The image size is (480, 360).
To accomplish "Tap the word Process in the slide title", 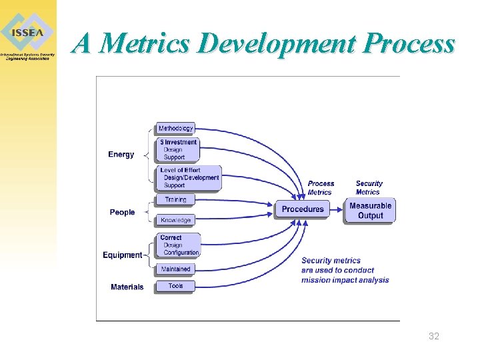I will [410, 44].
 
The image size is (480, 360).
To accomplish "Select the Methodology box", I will [176, 128].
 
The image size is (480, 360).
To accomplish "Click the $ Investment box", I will [179, 150].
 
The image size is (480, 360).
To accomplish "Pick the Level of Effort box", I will [189, 178].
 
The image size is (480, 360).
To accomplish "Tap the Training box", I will [176, 199].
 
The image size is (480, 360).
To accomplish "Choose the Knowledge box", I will [176, 220].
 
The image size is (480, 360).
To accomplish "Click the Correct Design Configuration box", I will [179, 245].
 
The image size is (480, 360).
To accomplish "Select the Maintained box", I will [176, 269].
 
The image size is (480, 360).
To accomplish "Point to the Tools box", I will [176, 286].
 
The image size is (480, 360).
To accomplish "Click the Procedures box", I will [303, 209].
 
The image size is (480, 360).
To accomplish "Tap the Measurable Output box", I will [370, 211].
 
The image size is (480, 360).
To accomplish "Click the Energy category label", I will [121, 155].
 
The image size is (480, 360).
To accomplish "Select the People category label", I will [122, 212].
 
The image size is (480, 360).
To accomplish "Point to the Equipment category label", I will [122, 255].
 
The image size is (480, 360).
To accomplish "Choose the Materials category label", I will [127, 287].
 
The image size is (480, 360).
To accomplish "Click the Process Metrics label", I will [321, 188].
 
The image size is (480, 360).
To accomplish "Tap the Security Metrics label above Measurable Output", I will [369, 188].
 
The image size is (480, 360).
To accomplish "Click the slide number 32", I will [434, 337].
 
